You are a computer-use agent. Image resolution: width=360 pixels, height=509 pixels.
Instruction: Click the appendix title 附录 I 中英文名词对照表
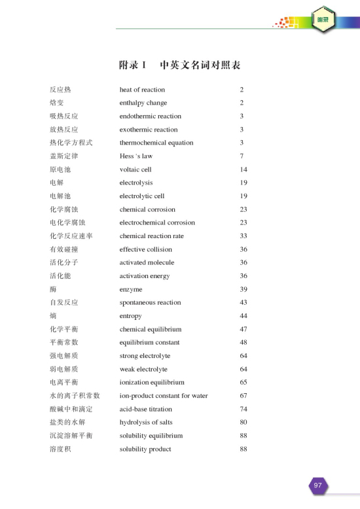click(x=179, y=65)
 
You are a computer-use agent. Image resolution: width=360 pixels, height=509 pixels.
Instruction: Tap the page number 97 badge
click(x=317, y=485)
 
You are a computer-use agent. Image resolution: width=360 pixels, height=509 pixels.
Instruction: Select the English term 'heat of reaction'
click(x=142, y=90)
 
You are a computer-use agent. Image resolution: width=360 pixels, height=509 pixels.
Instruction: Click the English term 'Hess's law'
click(x=136, y=156)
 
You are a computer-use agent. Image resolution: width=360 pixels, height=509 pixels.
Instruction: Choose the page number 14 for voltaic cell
click(x=243, y=169)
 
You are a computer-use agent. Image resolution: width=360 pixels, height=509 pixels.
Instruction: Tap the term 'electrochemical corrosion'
click(x=157, y=222)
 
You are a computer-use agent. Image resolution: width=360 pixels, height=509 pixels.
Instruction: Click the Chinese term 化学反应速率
click(x=71, y=236)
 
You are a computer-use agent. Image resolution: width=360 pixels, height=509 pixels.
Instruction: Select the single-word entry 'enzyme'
click(x=131, y=289)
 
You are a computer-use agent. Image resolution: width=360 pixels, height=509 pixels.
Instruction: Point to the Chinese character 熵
click(x=53, y=316)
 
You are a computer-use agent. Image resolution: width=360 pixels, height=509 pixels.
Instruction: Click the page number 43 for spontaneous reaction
click(x=243, y=302)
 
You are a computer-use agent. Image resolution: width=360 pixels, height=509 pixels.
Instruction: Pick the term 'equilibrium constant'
click(x=151, y=342)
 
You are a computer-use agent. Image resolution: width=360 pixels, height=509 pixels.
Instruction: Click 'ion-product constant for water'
click(x=164, y=396)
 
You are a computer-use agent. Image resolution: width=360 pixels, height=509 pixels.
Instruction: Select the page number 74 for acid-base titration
click(x=243, y=409)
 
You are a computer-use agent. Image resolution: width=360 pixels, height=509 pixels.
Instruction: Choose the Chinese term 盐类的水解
click(x=67, y=422)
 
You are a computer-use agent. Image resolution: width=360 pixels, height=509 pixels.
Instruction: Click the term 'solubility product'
click(x=145, y=449)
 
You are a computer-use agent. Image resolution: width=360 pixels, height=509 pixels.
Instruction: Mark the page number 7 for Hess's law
click(x=242, y=156)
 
